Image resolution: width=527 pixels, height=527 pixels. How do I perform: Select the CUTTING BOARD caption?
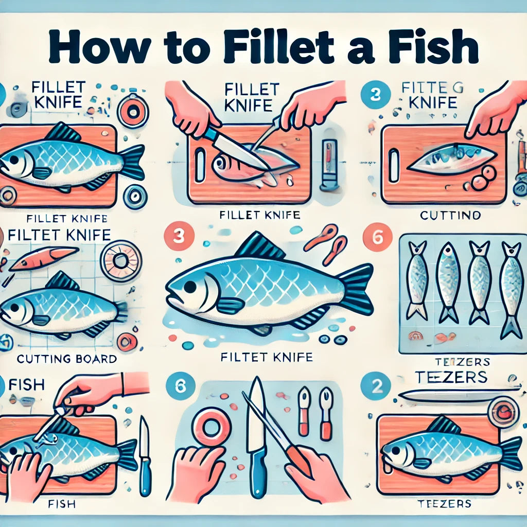(x=66, y=358)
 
